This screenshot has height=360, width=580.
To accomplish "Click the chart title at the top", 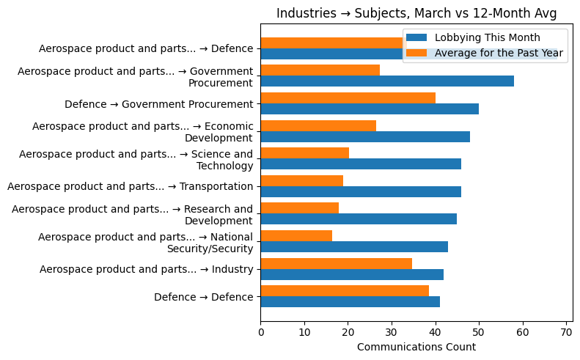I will [416, 13].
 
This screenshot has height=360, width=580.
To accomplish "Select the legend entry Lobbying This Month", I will [487, 37].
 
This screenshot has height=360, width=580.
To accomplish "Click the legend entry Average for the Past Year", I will [499, 53].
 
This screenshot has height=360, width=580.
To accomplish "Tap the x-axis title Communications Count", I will [416, 347].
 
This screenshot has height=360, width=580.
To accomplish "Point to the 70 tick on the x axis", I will [566, 332].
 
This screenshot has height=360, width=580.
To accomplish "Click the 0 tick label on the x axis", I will [261, 332].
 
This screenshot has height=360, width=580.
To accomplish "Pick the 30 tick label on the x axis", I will [392, 332].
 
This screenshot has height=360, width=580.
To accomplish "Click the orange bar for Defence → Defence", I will [345, 290].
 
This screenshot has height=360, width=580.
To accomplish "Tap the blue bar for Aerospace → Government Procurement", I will [387, 81].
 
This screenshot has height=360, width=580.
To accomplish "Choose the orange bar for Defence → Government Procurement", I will [348, 98].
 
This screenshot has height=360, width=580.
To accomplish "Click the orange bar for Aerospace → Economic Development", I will [318, 125].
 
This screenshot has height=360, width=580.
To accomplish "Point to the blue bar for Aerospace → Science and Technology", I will [361, 164].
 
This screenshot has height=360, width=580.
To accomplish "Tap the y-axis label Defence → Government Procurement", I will [158, 104].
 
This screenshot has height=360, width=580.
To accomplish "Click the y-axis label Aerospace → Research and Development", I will [132, 214].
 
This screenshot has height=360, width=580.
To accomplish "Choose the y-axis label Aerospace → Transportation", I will [130, 186].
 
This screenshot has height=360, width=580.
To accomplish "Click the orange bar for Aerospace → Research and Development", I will [299, 208].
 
